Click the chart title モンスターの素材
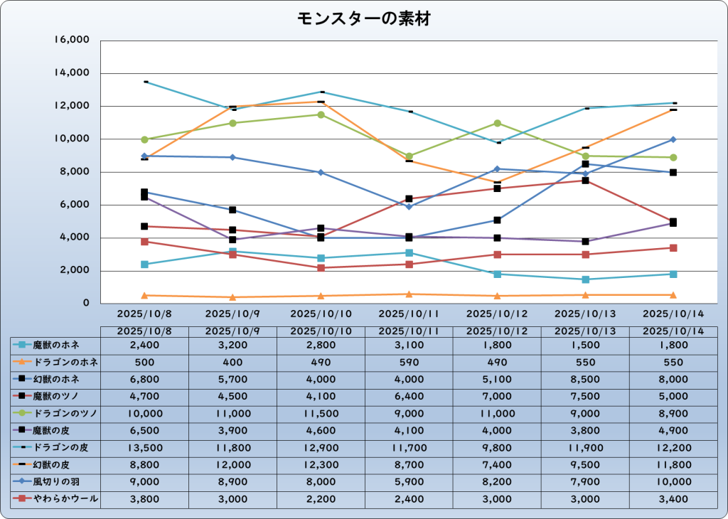(363, 19)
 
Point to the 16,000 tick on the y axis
(72, 41)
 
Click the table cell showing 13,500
(144, 448)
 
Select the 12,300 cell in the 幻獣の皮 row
(321, 465)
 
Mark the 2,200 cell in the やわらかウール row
(321, 499)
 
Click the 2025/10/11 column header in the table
(409, 331)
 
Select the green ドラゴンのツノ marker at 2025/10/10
(321, 114)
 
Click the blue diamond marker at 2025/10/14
(673, 139)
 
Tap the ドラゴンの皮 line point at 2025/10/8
(145, 82)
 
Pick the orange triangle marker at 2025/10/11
(409, 294)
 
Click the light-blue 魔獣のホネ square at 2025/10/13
(585, 279)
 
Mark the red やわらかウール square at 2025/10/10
(321, 268)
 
